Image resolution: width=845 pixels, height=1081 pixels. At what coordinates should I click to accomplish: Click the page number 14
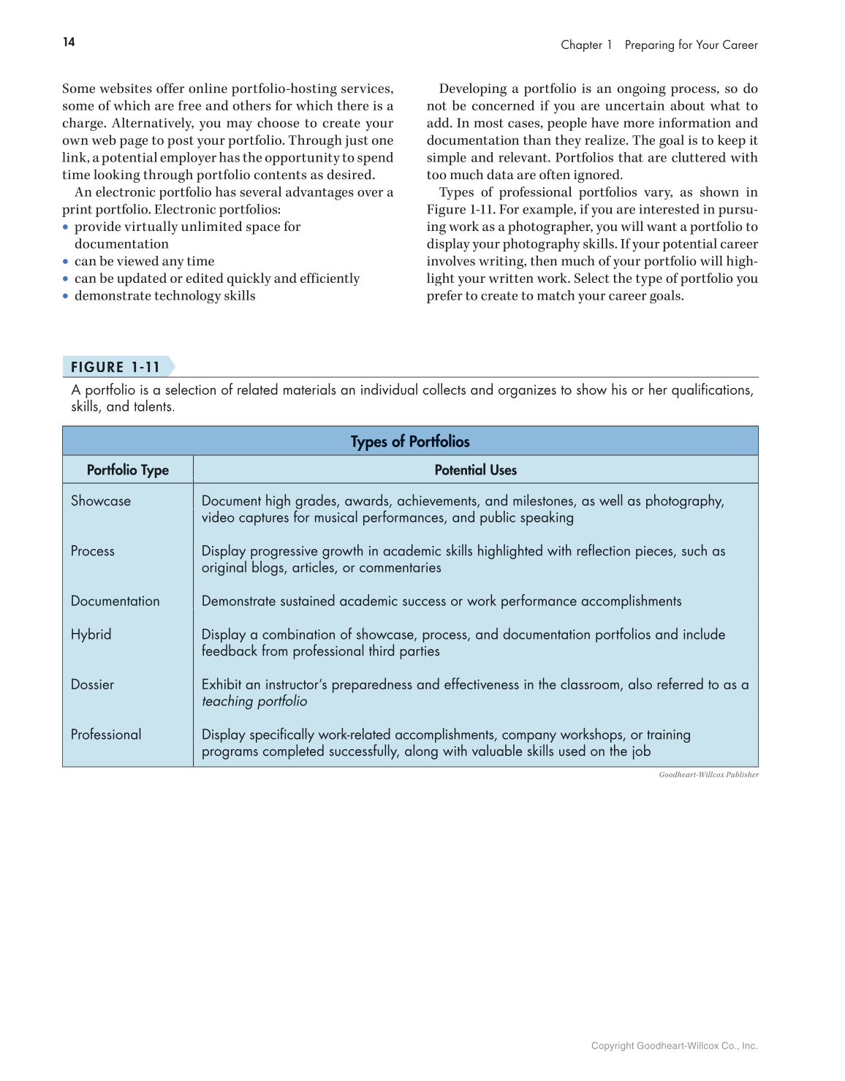[69, 42]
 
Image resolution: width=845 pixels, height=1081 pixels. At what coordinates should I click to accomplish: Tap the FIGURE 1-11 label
[115, 367]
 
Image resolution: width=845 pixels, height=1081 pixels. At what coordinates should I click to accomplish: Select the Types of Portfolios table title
[410, 441]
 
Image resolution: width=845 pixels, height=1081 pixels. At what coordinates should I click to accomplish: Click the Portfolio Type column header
[128, 470]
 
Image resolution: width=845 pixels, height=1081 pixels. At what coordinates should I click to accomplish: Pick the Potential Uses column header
[475, 470]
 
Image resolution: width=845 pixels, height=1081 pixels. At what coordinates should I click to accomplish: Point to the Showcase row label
[101, 501]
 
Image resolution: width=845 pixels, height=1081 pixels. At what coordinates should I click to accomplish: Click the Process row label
[93, 551]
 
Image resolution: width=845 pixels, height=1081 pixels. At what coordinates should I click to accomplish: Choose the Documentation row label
[115, 601]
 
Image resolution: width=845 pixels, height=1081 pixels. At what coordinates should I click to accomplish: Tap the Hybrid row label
[91, 634]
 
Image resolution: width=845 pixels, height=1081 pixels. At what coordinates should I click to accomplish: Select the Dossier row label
[93, 684]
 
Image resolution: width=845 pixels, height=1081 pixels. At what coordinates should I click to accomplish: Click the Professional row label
[106, 735]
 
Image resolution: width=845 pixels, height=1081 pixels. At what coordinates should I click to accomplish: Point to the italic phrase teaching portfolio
[254, 702]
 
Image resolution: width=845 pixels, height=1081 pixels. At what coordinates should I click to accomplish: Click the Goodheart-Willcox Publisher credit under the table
[708, 775]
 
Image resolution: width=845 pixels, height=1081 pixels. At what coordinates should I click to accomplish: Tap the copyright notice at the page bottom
[674, 1046]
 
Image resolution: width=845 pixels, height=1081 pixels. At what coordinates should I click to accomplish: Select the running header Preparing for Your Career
[691, 45]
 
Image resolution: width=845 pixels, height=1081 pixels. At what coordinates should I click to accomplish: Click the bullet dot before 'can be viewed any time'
[65, 262]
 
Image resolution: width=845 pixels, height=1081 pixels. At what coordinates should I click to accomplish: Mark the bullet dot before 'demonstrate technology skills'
[65, 296]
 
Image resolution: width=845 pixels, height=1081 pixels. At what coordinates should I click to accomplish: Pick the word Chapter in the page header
[581, 45]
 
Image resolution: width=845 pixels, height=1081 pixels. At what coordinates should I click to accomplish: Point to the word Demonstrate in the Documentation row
[236, 601]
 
